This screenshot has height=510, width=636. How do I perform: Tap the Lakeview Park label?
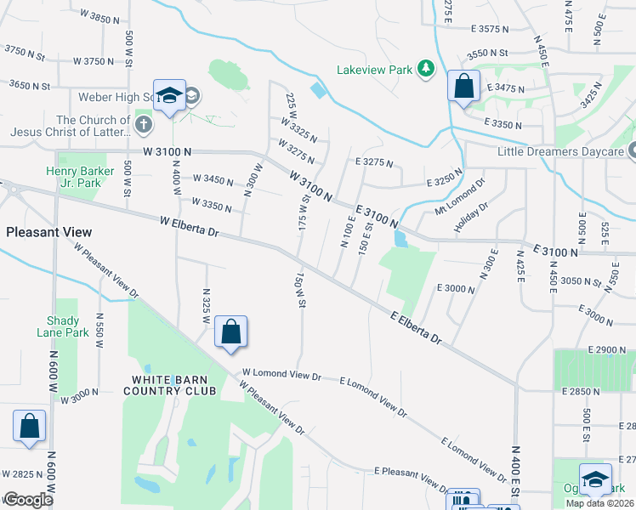click(x=374, y=70)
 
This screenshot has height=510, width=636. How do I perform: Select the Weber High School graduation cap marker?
click(x=169, y=95)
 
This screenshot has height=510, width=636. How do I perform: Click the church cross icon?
click(x=144, y=125)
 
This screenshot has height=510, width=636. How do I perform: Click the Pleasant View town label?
click(x=48, y=232)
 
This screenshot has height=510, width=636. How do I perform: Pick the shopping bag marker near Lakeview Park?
click(x=463, y=87)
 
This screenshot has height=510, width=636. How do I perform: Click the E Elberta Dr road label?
click(x=417, y=327)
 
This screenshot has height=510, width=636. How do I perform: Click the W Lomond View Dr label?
click(x=281, y=374)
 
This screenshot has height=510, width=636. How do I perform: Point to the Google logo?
click(x=27, y=500)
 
